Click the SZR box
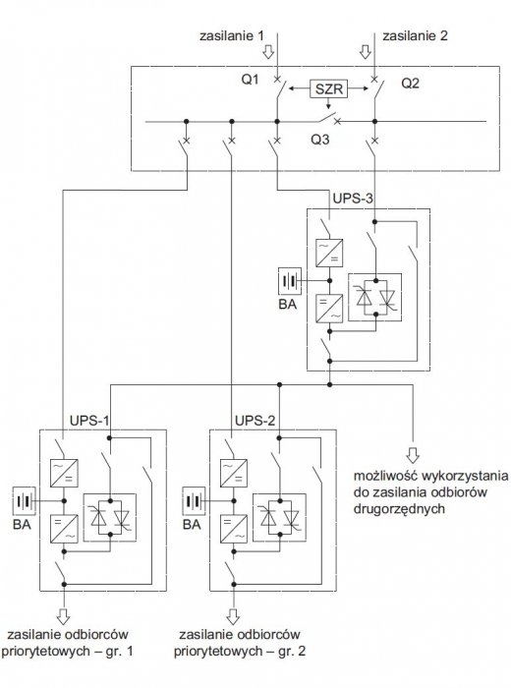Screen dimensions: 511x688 [328, 89]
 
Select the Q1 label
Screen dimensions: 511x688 [250, 80]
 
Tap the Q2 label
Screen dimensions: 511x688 [410, 84]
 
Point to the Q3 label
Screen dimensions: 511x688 [320, 140]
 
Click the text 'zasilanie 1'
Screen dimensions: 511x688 [232, 35]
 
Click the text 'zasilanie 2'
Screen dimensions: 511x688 [415, 35]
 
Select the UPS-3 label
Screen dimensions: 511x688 [353, 199]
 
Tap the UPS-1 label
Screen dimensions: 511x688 [89, 421]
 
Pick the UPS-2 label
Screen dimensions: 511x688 [255, 421]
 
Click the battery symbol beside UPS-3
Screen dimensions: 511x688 [290, 281]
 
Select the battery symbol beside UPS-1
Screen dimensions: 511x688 [25, 500]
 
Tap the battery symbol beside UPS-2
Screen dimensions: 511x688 [194, 500]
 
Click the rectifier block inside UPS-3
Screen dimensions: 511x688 [329, 253]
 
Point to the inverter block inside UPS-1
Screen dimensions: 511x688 [64, 529]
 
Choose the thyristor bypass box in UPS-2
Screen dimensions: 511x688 [279, 518]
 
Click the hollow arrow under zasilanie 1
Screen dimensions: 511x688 [268, 52]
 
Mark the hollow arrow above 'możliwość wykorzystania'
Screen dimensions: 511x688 [413, 455]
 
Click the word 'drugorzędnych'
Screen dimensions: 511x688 [399, 509]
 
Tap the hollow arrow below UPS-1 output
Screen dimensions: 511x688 [64, 616]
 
